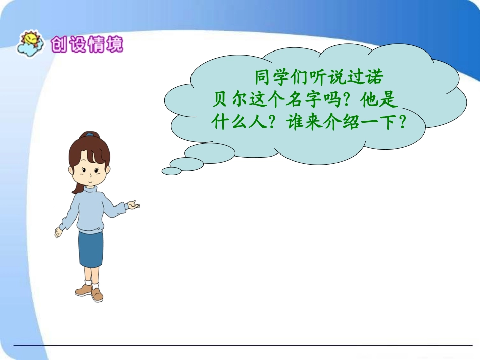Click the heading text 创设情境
point(86,44)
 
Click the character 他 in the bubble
point(369,99)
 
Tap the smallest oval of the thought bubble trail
point(171,171)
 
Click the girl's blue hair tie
point(89,135)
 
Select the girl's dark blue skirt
point(90,248)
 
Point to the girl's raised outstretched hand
point(133,204)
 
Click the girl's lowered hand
point(58,233)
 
